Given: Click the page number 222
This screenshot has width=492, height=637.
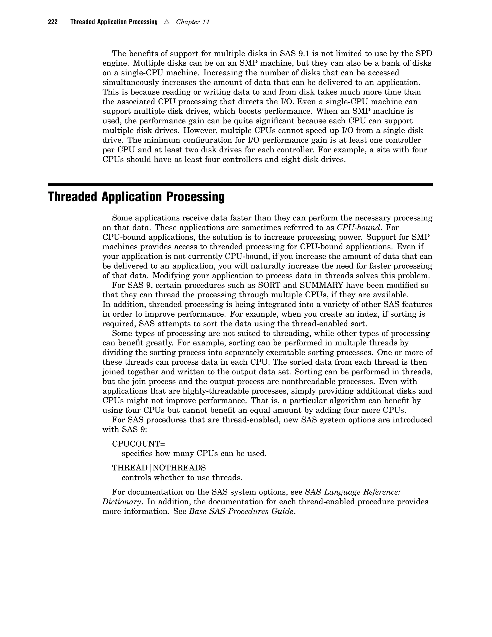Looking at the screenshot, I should point(53,22).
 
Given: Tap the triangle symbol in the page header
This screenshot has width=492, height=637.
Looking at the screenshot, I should point(167,22).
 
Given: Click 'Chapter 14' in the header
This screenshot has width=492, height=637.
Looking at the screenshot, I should point(192,22).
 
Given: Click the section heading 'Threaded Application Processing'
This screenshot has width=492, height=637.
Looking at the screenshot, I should point(136,197).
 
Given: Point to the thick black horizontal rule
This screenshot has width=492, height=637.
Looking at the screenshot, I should point(240,184).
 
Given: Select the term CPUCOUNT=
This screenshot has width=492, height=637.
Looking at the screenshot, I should point(138,444).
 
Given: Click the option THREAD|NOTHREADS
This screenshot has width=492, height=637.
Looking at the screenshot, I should point(159,468).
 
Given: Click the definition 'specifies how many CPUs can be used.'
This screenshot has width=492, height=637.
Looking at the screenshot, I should point(194,454).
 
